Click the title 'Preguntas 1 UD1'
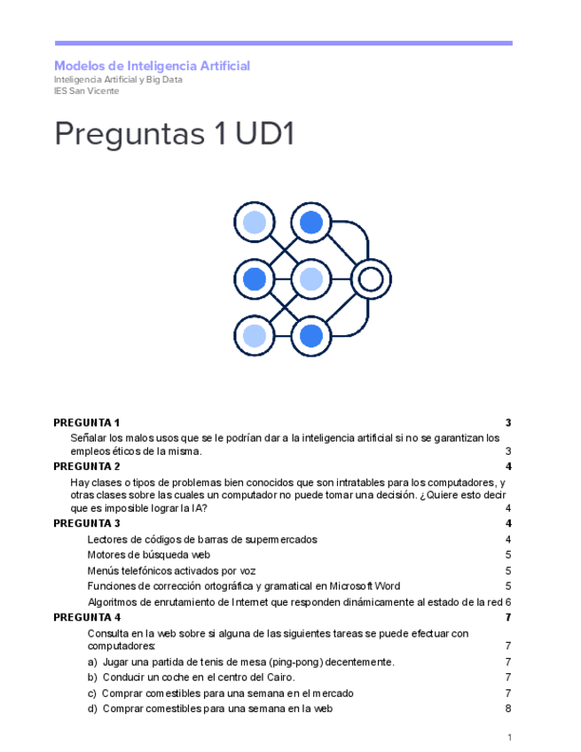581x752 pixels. point(174,134)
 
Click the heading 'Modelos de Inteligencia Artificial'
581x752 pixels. point(152,66)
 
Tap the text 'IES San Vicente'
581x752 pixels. point(86,90)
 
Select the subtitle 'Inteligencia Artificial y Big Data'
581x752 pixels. point(118,79)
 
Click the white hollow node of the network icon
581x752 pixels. point(369,279)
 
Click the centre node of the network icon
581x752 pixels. point(310,279)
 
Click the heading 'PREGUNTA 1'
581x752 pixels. point(86,422)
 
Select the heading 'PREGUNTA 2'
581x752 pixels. point(86,466)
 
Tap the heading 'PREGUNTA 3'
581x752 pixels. point(86,523)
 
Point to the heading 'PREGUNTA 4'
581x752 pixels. point(86,617)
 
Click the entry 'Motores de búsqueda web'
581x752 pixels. point(148,554)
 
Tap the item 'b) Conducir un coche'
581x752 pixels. point(191,678)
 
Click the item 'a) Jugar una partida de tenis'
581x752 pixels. point(240,662)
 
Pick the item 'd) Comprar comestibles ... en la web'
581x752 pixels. point(210,709)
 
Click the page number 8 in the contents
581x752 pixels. point(507,709)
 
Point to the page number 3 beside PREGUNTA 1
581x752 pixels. point(507,422)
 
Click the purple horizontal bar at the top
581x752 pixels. point(283,43)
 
